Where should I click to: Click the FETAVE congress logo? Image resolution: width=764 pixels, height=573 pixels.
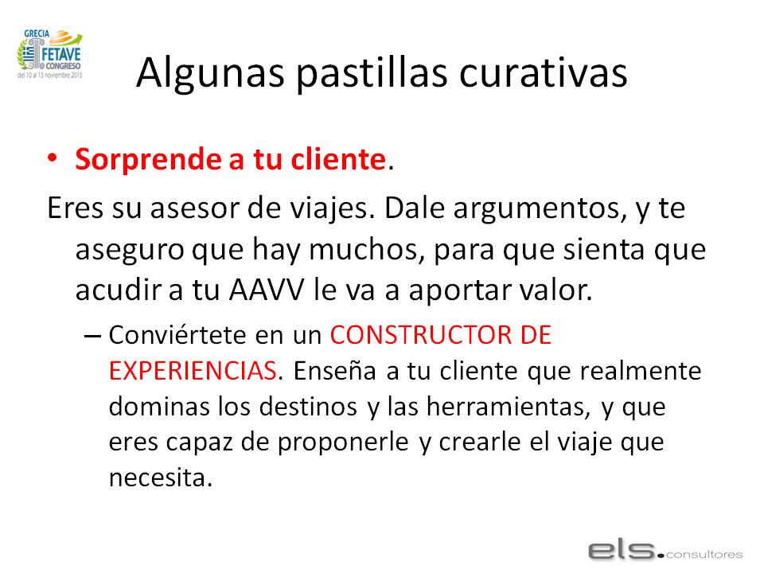tap(49, 53)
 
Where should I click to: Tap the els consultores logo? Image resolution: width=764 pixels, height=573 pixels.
tap(665, 551)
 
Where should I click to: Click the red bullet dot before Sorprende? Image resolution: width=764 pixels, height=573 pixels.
tap(53, 158)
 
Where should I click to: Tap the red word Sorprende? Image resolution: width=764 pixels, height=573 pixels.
tap(149, 160)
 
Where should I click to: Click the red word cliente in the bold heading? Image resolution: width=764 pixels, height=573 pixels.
tap(338, 159)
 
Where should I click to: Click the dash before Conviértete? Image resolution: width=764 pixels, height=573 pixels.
tap(92, 336)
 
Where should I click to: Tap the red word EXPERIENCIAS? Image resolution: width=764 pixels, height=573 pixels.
tap(193, 371)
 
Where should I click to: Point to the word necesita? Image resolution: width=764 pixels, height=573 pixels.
tap(161, 478)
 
